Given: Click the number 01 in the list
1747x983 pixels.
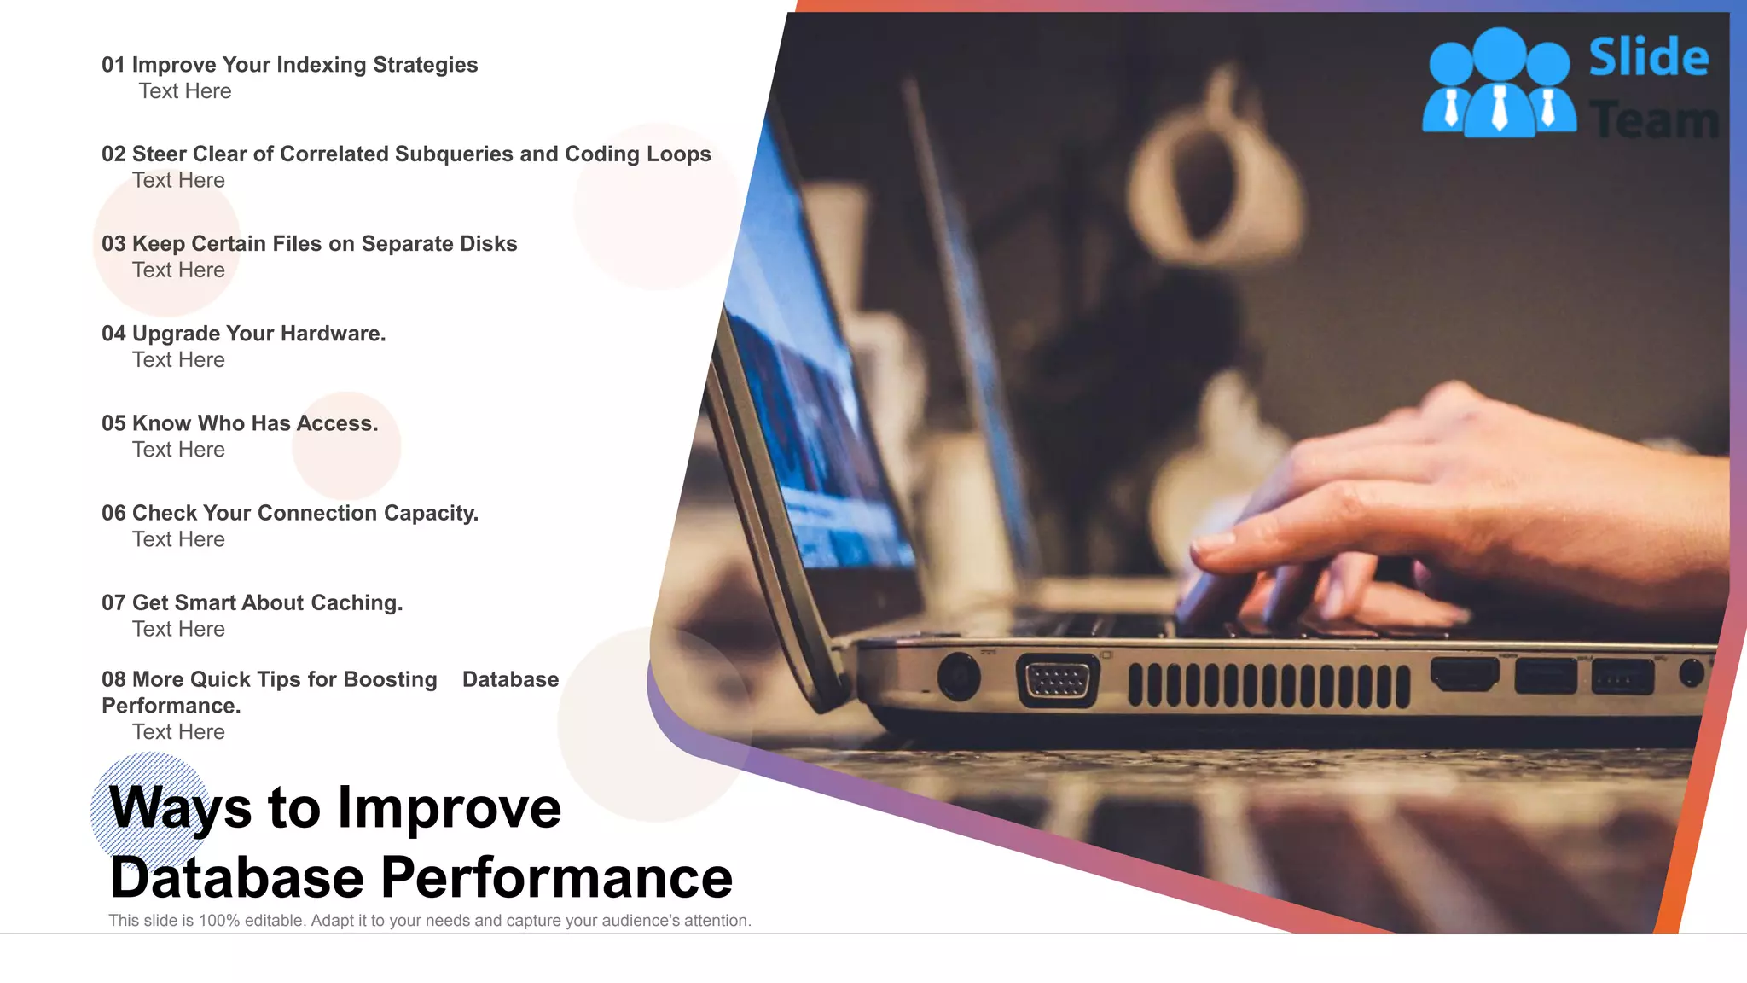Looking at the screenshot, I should click(x=113, y=65).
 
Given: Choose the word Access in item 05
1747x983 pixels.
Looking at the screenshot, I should click(x=335, y=423).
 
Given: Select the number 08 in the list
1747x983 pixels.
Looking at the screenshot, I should click(x=113, y=679).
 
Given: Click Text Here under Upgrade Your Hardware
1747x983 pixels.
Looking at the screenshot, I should click(x=178, y=360).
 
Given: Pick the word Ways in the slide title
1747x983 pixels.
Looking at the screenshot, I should click(x=180, y=806).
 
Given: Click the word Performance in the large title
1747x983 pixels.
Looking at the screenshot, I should click(x=556, y=877).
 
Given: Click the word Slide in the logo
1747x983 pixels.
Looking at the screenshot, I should click(x=1648, y=57).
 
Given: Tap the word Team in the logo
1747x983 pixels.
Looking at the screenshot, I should click(x=1654, y=119).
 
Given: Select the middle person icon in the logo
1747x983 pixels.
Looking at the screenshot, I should click(x=1499, y=85).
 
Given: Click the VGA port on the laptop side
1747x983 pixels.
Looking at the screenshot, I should click(x=1057, y=681).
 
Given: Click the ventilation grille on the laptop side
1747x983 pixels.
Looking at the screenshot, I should click(x=1268, y=685).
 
